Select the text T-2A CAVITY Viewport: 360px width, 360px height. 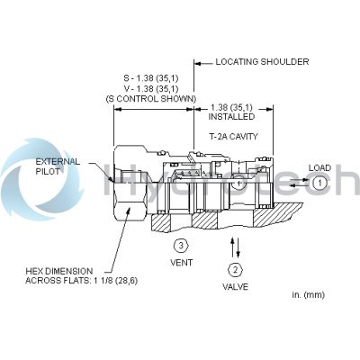tap(228, 136)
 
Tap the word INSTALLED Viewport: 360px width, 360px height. tap(231, 117)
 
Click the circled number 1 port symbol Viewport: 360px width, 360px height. tap(319, 183)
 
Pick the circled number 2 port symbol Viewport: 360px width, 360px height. tap(235, 269)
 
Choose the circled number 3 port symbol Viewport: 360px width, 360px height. tap(182, 245)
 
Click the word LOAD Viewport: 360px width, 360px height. tap(320, 167)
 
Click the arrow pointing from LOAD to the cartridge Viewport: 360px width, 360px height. tap(302, 183)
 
